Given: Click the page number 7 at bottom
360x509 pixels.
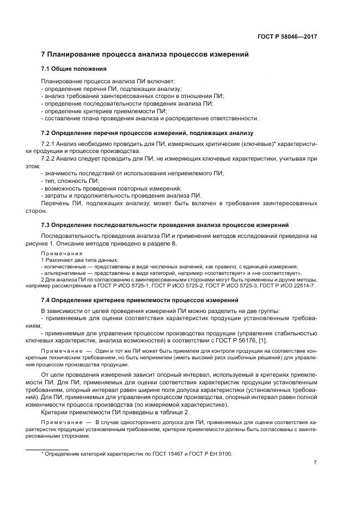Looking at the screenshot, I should coord(315,463).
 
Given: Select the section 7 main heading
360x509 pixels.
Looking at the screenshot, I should coord(145,54).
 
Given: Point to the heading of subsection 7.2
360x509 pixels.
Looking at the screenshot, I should coord(147,133).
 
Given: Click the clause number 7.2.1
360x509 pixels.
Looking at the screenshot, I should coord(51,143).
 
